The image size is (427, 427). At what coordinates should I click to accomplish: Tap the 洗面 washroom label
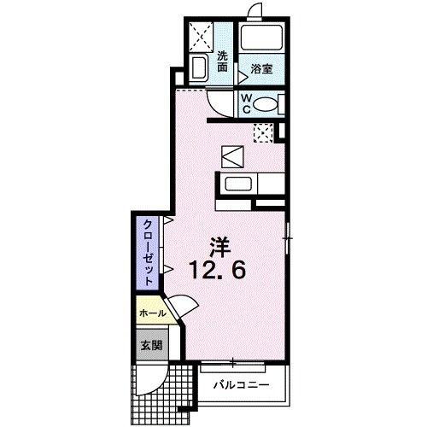coord(222,63)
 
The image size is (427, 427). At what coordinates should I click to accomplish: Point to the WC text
coord(246,103)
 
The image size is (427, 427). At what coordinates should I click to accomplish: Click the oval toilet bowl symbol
coord(266,104)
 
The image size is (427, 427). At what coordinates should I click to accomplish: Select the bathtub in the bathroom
coord(261,38)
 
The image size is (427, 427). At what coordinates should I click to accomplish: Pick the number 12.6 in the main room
coord(218,271)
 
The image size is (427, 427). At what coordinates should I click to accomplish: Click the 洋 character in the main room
coord(217,242)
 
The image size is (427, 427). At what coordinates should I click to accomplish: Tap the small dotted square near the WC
coord(263,132)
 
